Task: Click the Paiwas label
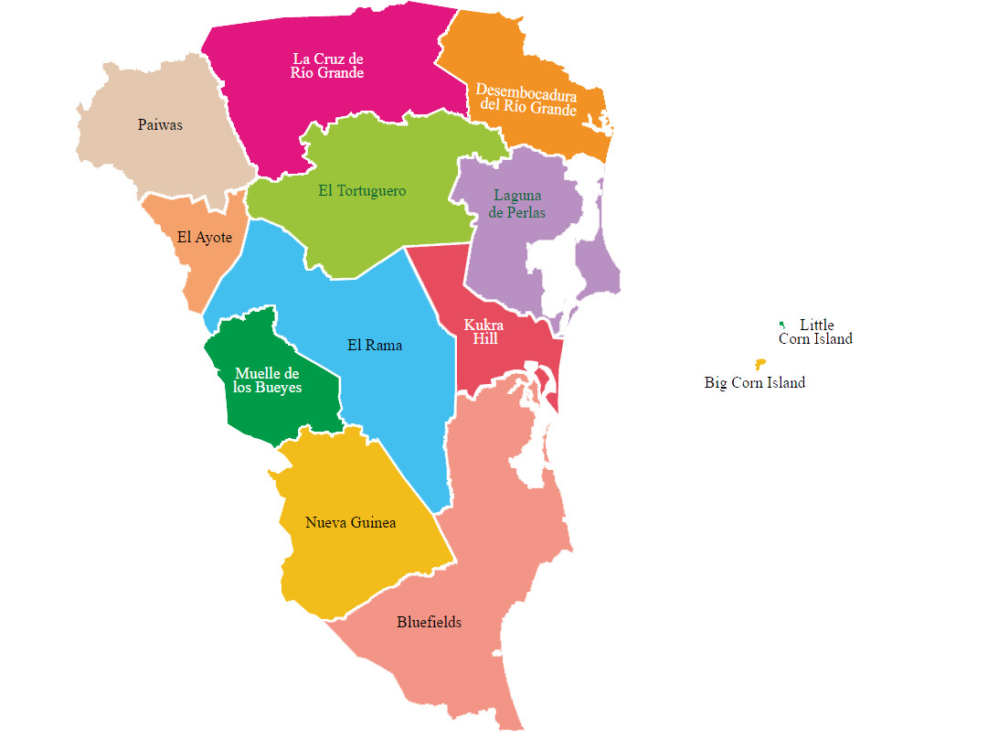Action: tap(160, 125)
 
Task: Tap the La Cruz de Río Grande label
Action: tap(327, 66)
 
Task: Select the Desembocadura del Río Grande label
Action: tap(526, 102)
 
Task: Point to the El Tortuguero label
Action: tap(362, 191)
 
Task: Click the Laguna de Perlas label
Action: tap(517, 204)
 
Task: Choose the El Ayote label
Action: tap(205, 238)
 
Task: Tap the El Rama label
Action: tap(375, 346)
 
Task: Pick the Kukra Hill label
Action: tap(484, 332)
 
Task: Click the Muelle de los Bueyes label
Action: tap(267, 380)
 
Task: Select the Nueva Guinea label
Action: tap(351, 523)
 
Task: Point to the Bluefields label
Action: tap(429, 623)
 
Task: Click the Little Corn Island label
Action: tap(815, 332)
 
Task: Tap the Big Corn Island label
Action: tap(755, 383)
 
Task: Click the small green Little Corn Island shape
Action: tap(781, 325)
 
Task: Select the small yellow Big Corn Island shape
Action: tap(759, 364)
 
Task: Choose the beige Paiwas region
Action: tap(137, 155)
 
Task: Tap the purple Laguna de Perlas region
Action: tap(512, 256)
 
